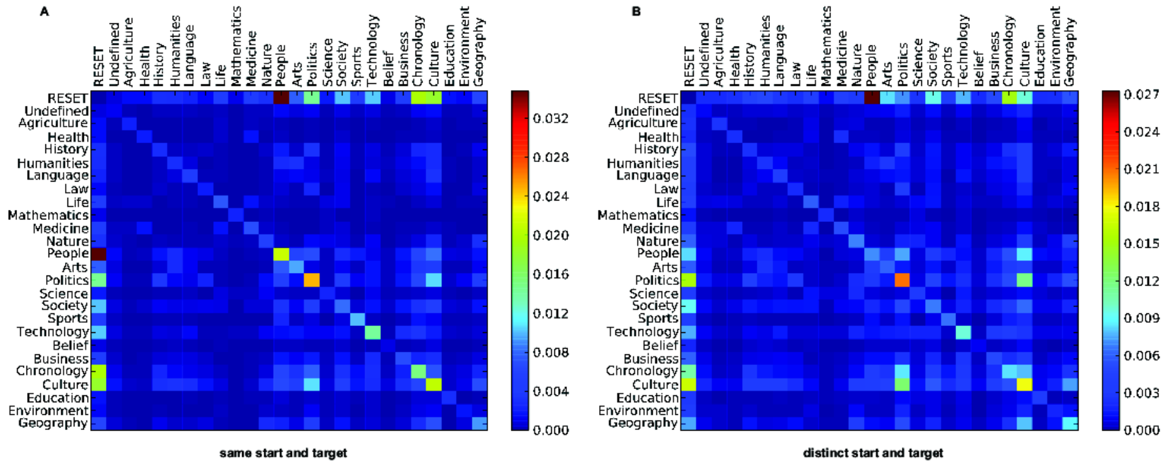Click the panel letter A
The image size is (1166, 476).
[44, 11]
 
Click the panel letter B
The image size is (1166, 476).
[636, 11]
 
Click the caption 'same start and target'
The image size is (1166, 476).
[283, 453]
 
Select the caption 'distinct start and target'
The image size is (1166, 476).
[873, 453]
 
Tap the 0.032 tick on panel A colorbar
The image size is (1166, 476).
[551, 119]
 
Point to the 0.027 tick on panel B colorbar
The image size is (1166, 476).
[1141, 95]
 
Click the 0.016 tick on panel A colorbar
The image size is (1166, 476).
[551, 274]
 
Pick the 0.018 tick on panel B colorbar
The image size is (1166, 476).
[1141, 207]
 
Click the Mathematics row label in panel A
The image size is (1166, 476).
[48, 216]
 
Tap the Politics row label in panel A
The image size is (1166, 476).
[67, 281]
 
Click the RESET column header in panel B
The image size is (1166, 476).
[689, 66]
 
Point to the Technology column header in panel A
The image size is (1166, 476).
[372, 50]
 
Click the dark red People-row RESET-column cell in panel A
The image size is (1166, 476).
[98, 254]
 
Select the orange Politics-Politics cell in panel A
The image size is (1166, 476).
[312, 281]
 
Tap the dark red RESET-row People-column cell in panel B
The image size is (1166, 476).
[872, 98]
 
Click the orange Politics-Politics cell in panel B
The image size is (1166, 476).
[902, 281]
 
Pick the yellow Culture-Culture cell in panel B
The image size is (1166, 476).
[1024, 385]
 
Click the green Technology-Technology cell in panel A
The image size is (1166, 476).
[373, 332]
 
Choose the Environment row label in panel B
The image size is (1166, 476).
[638, 411]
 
